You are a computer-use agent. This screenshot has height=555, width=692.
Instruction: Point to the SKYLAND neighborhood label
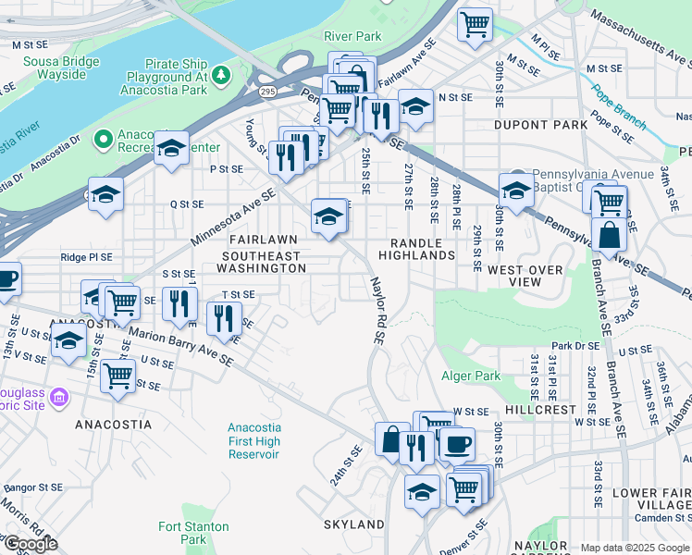pos(353,524)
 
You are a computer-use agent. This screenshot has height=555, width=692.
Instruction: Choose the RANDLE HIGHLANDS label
pos(416,248)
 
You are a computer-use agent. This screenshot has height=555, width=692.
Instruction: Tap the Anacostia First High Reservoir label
pos(254,441)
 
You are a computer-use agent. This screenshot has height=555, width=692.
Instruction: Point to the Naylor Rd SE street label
pos(377,311)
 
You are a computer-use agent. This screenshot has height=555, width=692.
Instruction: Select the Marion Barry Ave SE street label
pos(180,346)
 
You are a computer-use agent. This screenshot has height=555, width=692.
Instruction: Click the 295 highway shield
pos(268,92)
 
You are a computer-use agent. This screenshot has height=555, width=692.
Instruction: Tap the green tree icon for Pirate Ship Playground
pos(220,73)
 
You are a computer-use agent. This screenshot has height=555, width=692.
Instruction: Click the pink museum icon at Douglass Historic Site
pos(60,399)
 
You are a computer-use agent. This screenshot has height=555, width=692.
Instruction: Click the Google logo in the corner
pos(30,544)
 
